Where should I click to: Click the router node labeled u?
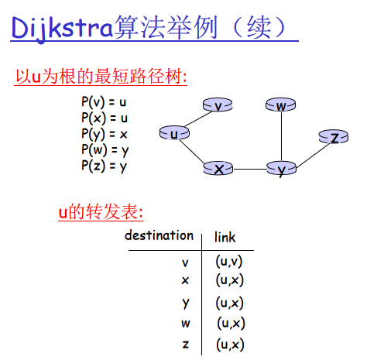(174, 133)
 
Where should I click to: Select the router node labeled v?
(218, 105)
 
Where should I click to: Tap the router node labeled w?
(281, 105)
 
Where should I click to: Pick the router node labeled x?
(218, 168)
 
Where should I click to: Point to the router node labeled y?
(281, 168)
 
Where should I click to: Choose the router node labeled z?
(334, 136)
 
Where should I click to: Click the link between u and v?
(198, 119)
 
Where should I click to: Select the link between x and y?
(250, 170)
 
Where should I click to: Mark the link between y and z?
(313, 155)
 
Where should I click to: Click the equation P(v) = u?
(104, 102)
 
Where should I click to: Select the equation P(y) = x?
(105, 134)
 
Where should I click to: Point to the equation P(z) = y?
(105, 166)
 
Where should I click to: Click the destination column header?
(159, 235)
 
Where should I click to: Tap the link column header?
(225, 237)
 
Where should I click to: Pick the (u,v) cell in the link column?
(229, 262)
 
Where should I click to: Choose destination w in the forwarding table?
(186, 324)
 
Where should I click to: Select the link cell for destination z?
(230, 345)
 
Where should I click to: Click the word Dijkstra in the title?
(62, 28)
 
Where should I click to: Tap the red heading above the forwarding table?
(101, 212)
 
